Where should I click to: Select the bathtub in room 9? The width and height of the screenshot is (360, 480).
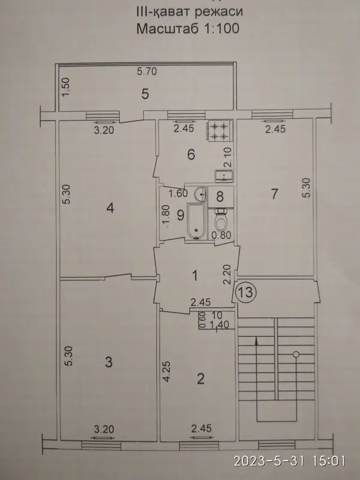pyautogui.click(x=196, y=221)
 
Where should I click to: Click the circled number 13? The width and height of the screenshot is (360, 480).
pyautogui.click(x=247, y=292)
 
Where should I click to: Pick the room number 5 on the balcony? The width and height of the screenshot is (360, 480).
pyautogui.click(x=145, y=94)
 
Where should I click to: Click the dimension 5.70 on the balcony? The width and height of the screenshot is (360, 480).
pyautogui.click(x=147, y=71)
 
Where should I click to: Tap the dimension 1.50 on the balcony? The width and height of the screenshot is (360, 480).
pyautogui.click(x=66, y=87)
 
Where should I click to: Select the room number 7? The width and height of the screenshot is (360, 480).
pyautogui.click(x=274, y=194)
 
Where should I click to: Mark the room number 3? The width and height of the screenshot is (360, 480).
pyautogui.click(x=109, y=362)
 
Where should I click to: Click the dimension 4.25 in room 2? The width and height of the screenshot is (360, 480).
pyautogui.click(x=167, y=372)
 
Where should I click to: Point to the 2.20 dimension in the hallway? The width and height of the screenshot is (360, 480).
pyautogui.click(x=227, y=275)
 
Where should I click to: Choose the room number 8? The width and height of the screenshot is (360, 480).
pyautogui.click(x=220, y=197)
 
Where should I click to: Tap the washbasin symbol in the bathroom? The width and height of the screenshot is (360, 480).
pyautogui.click(x=200, y=194)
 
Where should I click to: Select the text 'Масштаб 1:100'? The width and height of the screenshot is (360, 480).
pyautogui.click(x=188, y=28)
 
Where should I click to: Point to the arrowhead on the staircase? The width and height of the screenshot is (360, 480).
pyautogui.click(x=256, y=341)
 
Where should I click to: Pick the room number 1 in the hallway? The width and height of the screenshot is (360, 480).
pyautogui.click(x=194, y=276)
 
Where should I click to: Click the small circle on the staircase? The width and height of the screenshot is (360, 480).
pyautogui.click(x=296, y=355)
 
